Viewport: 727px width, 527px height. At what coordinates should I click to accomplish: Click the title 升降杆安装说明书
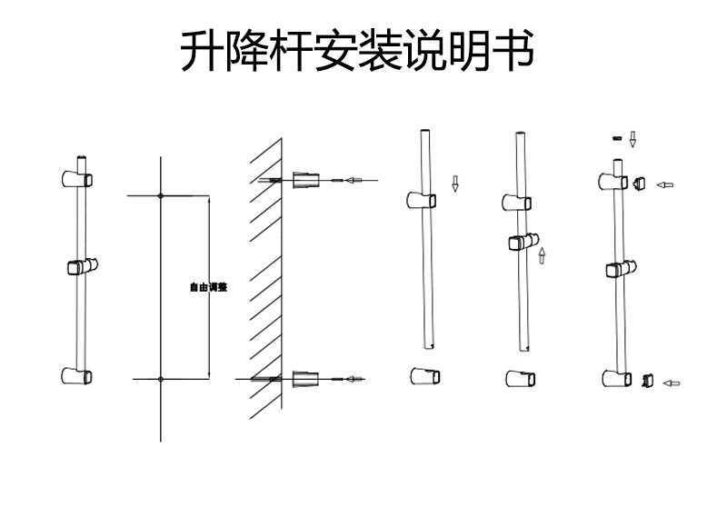pyautogui.click(x=355, y=54)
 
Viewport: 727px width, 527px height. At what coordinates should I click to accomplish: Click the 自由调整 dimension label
pyautogui.click(x=208, y=287)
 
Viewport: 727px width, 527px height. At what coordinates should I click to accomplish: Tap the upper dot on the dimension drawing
pyautogui.click(x=160, y=195)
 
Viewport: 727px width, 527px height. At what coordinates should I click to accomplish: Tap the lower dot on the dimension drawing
pyautogui.click(x=160, y=378)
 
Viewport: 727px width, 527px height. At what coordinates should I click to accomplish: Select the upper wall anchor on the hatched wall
pyautogui.click(x=307, y=179)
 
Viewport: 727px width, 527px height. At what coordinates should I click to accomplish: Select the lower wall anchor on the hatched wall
pyautogui.click(x=307, y=378)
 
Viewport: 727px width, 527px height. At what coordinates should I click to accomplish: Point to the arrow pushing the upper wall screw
pyautogui.click(x=354, y=180)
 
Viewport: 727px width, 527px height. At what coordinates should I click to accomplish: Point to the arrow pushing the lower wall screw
pyautogui.click(x=354, y=378)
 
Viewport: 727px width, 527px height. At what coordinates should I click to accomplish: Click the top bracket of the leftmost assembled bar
pyautogui.click(x=76, y=178)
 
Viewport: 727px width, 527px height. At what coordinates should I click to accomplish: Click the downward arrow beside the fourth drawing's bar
pyautogui.click(x=455, y=183)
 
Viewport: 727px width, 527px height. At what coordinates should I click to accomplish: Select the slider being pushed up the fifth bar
pyautogui.click(x=520, y=243)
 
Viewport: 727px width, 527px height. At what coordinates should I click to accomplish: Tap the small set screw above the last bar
pyautogui.click(x=617, y=138)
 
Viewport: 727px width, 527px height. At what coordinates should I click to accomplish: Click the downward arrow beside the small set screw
pyautogui.click(x=633, y=139)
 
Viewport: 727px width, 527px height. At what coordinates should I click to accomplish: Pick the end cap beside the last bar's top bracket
pyautogui.click(x=639, y=183)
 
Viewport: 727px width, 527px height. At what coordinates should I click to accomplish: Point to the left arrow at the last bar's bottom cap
pyautogui.click(x=671, y=383)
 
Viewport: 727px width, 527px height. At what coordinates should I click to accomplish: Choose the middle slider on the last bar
pyautogui.click(x=620, y=269)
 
